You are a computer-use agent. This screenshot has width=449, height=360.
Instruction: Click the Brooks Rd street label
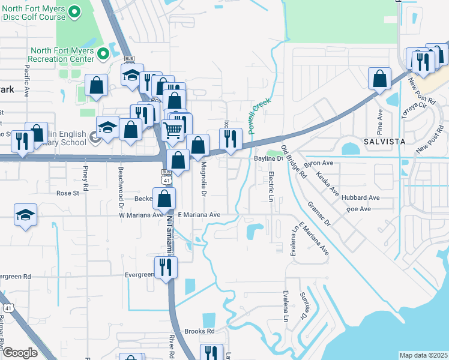tap(199, 331)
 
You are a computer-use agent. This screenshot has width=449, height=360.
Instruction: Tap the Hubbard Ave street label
tap(362, 197)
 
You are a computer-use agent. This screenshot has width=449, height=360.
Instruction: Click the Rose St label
tap(67, 193)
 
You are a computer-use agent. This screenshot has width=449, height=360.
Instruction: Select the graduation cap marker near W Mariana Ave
tap(25, 214)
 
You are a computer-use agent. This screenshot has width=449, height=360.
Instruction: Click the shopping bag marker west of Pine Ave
tap(379, 79)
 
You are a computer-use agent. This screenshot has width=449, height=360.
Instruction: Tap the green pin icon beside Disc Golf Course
tap(75, 11)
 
